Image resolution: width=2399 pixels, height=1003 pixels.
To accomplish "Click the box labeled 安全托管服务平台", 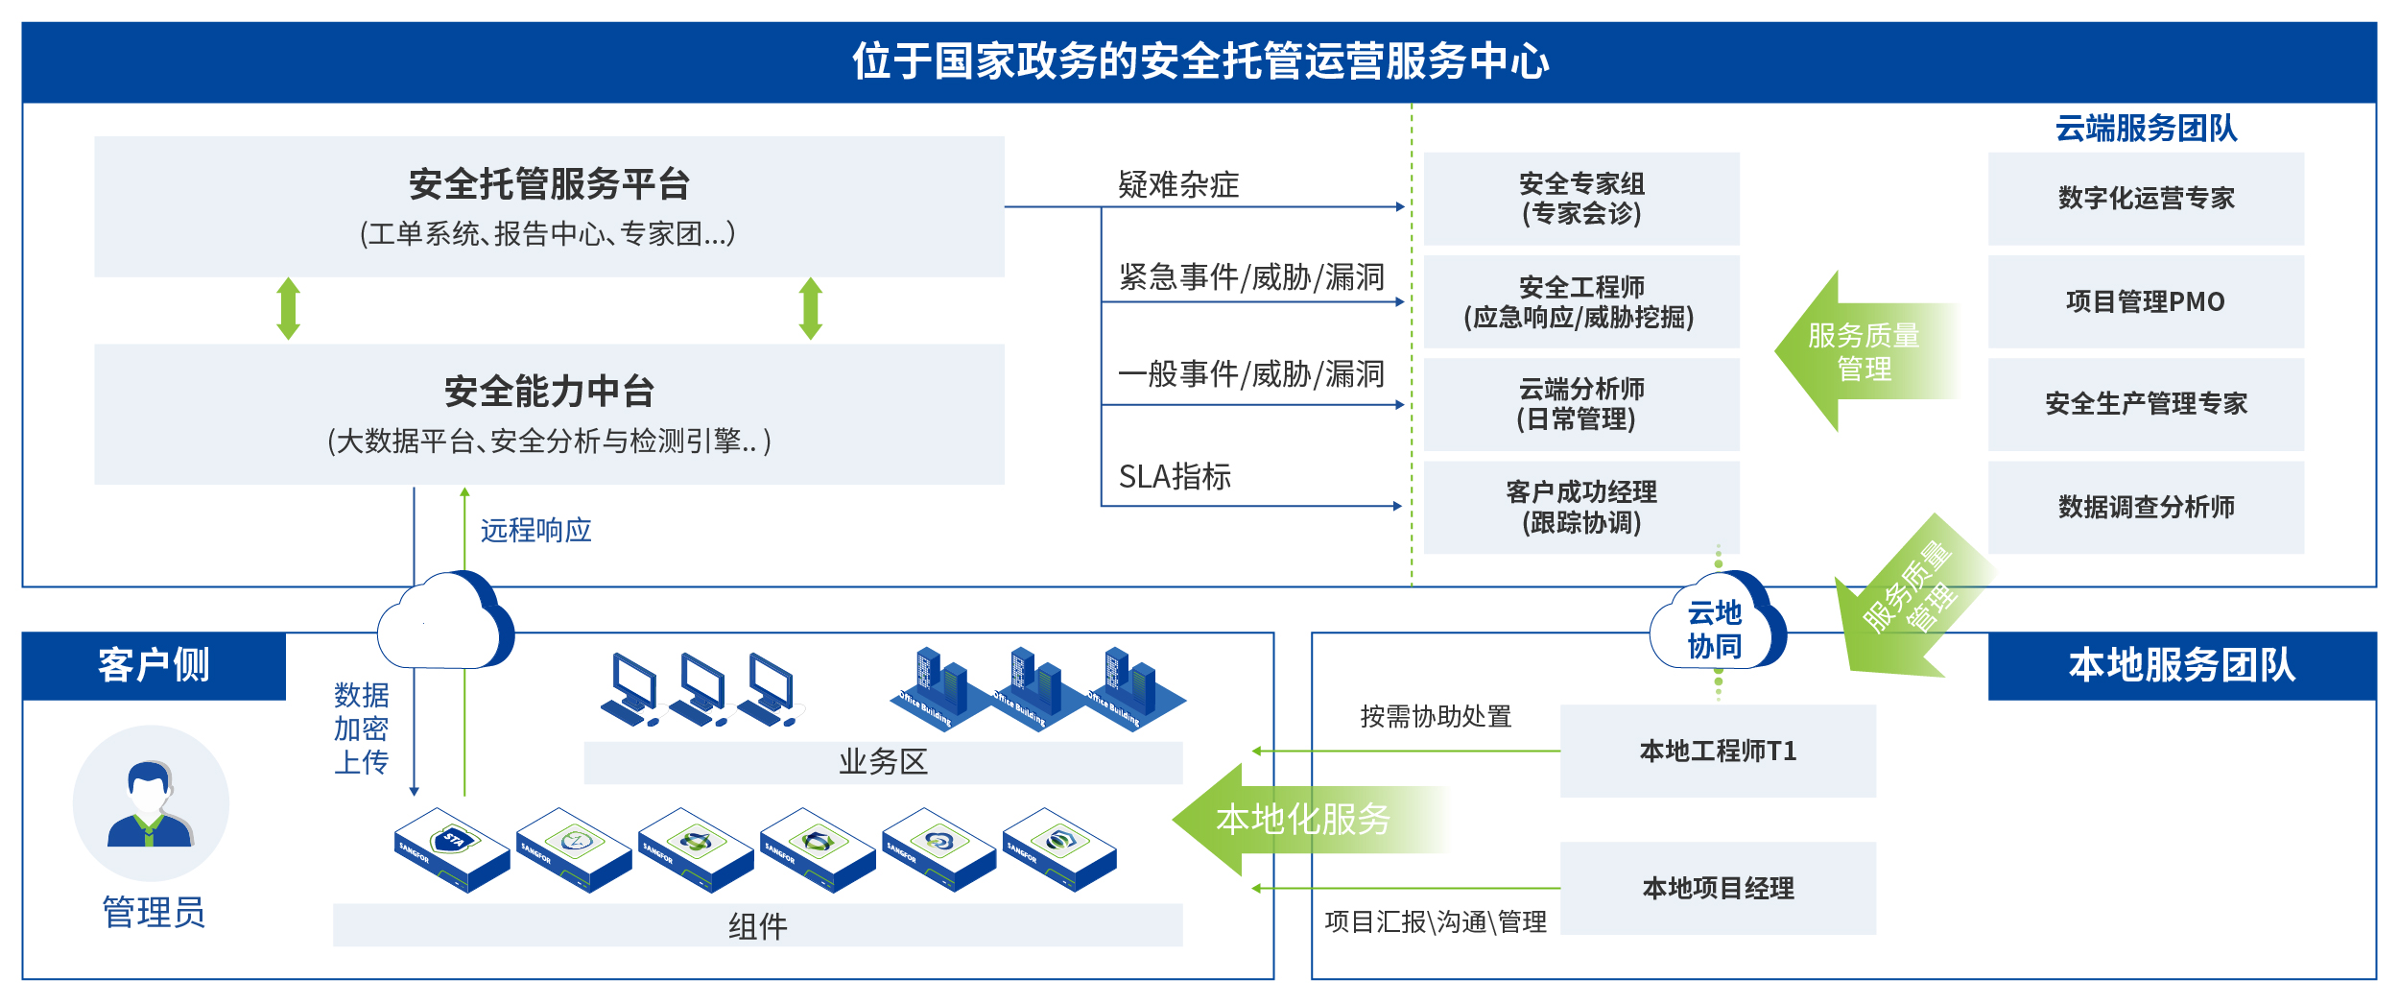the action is click(x=549, y=206).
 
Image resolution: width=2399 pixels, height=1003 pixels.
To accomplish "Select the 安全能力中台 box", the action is click(x=549, y=414).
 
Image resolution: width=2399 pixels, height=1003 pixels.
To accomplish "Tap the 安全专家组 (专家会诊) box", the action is click(x=1581, y=199).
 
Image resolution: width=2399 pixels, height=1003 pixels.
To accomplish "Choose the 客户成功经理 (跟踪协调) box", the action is click(x=1581, y=507).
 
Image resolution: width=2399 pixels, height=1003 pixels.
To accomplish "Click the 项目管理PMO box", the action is click(x=2146, y=301).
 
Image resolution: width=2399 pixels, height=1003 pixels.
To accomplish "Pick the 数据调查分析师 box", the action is click(x=2146, y=507).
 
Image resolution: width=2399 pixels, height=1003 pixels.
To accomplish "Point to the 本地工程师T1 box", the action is click(x=1718, y=751).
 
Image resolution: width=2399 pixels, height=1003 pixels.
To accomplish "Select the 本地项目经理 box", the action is click(x=1718, y=888).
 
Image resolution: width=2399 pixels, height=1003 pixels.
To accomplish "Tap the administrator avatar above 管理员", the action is click(x=151, y=803).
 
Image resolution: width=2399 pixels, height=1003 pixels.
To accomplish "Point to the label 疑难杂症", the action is click(x=1178, y=184).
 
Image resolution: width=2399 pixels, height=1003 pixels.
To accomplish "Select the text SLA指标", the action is click(x=1175, y=476).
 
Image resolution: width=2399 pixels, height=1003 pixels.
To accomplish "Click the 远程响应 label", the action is click(x=535, y=530).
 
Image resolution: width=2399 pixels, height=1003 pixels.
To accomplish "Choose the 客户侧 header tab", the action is click(x=154, y=665).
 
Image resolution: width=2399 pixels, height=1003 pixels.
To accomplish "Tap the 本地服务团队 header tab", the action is click(x=2182, y=665).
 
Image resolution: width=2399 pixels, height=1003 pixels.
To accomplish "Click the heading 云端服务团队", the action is click(x=2146, y=128).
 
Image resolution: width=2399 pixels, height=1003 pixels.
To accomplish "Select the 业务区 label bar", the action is click(x=883, y=762).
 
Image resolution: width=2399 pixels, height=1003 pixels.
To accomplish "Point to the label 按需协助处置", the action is click(x=1436, y=716).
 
